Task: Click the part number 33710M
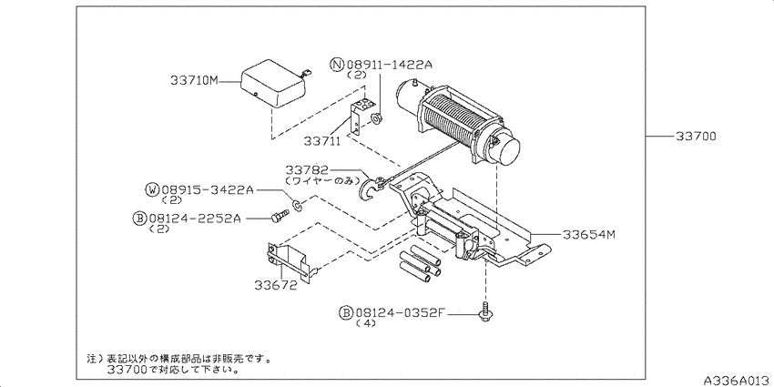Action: (x=194, y=80)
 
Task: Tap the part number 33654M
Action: (x=589, y=234)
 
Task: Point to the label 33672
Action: (x=276, y=285)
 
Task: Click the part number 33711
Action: (x=321, y=142)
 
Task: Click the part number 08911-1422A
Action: (x=389, y=65)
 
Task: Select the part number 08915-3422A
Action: (x=208, y=189)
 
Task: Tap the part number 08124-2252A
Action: (x=195, y=218)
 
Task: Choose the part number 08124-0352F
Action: (x=401, y=312)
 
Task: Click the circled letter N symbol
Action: (x=337, y=65)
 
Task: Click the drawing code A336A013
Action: (x=738, y=381)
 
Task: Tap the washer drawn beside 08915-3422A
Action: (x=298, y=204)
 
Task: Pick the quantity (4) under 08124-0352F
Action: (x=366, y=323)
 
